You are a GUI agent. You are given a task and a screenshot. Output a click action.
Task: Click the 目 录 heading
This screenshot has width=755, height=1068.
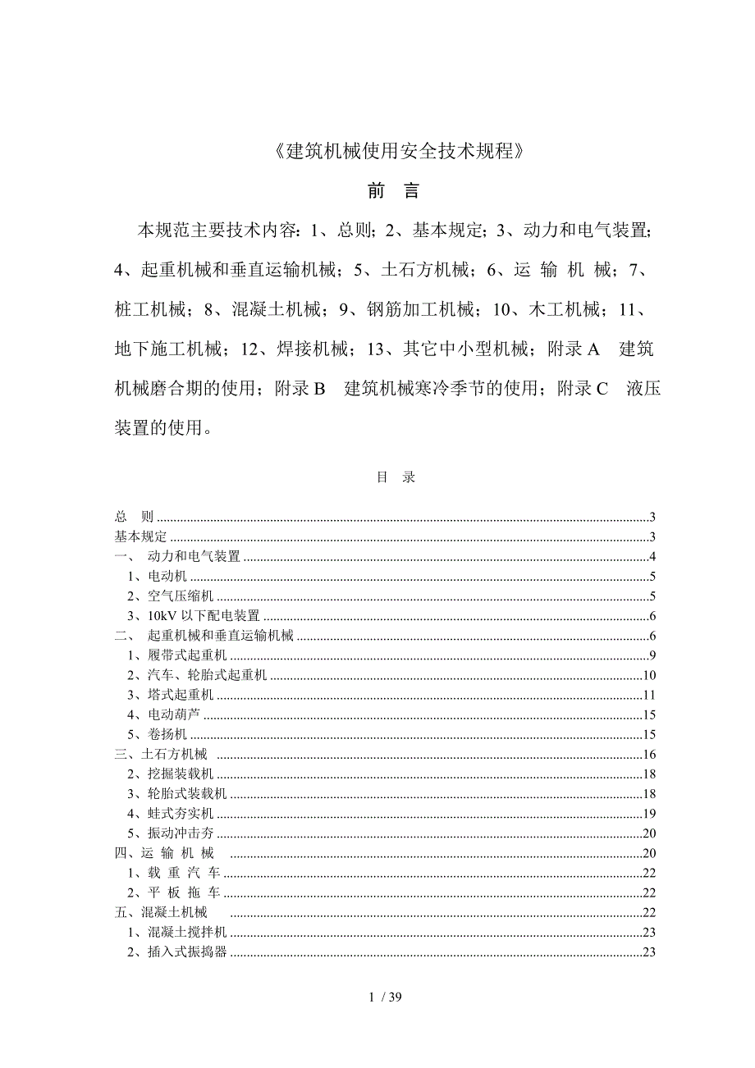point(396,477)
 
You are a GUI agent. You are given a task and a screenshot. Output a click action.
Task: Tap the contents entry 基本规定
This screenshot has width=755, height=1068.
point(140,536)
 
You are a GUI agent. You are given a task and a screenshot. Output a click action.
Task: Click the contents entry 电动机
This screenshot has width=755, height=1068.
point(167,577)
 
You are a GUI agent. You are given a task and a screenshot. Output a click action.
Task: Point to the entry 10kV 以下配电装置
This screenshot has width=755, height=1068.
point(203,616)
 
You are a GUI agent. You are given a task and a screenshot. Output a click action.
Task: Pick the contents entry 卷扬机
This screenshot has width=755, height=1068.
point(167,734)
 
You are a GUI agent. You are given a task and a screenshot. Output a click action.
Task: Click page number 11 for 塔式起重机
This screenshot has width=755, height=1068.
point(647,695)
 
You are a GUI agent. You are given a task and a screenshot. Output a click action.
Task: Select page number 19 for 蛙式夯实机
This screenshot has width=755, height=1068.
point(647,813)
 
